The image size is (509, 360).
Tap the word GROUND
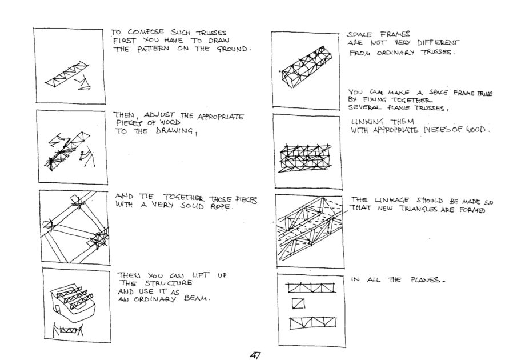point(233,49)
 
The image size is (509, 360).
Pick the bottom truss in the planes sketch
point(312,323)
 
